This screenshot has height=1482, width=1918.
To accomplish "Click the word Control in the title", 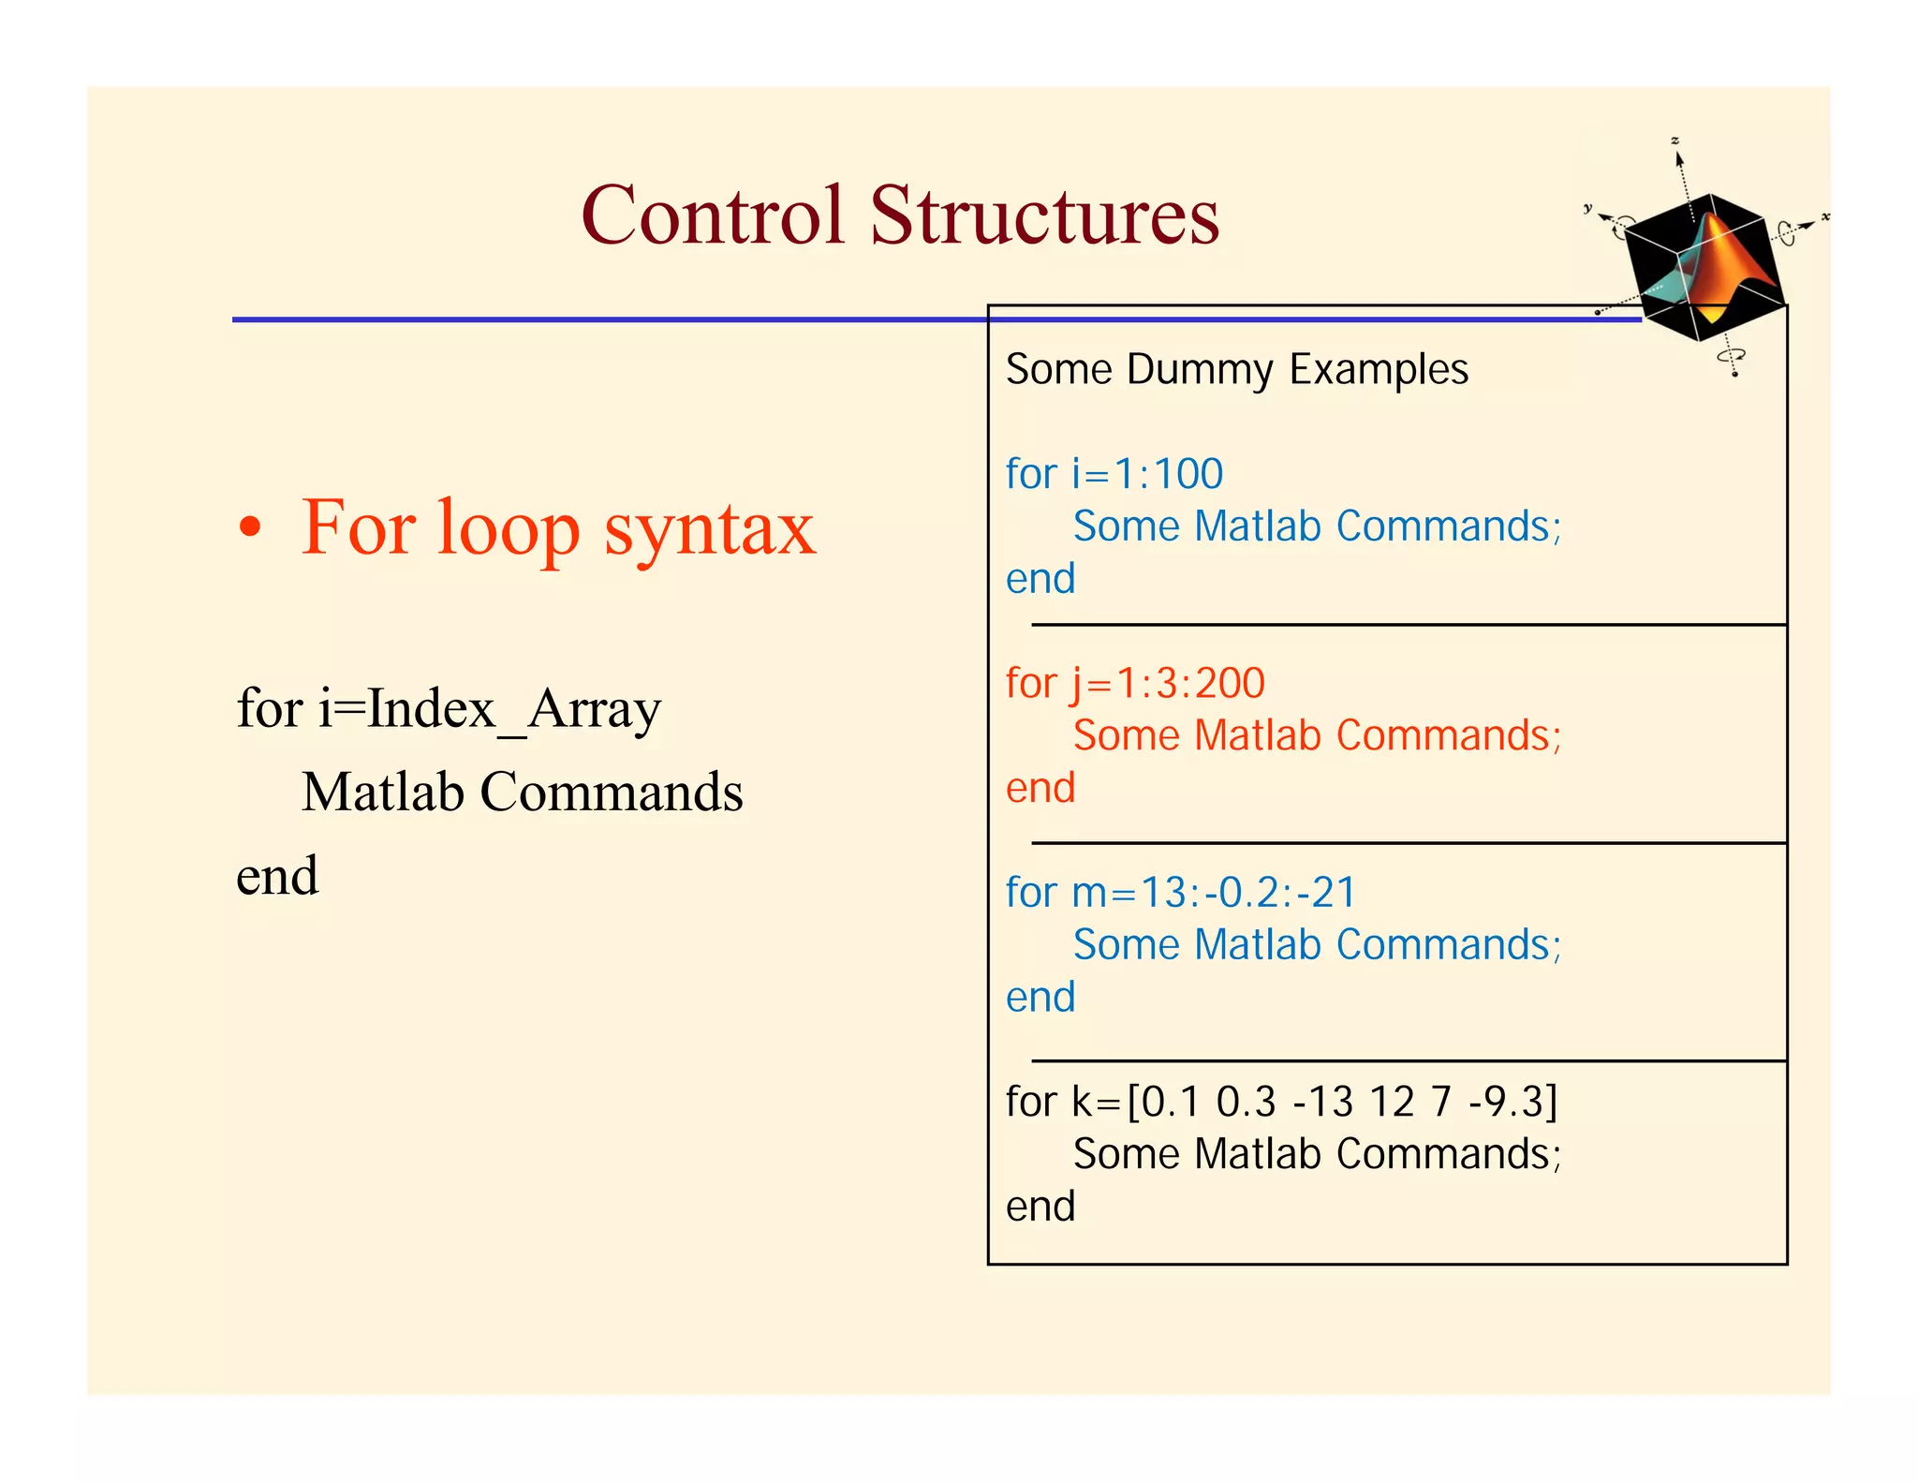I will (x=712, y=215).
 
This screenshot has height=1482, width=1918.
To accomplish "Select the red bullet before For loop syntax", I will (x=249, y=527).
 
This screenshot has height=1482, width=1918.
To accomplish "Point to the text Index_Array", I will (x=514, y=709).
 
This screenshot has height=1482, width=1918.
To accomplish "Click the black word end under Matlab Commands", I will (x=277, y=876).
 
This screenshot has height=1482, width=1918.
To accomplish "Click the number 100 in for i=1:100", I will (x=1188, y=474).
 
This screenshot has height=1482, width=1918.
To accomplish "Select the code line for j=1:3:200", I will (x=1135, y=683).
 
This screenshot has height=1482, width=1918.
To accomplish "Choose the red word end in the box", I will (x=1040, y=788).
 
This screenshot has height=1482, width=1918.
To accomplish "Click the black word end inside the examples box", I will (x=1040, y=1207).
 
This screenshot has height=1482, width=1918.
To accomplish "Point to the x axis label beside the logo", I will (x=1825, y=217).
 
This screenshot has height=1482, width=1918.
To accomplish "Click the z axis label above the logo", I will (x=1675, y=141).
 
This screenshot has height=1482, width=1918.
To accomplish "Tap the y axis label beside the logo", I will (x=1587, y=208).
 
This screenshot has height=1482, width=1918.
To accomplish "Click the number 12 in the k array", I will (x=1392, y=1102).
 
